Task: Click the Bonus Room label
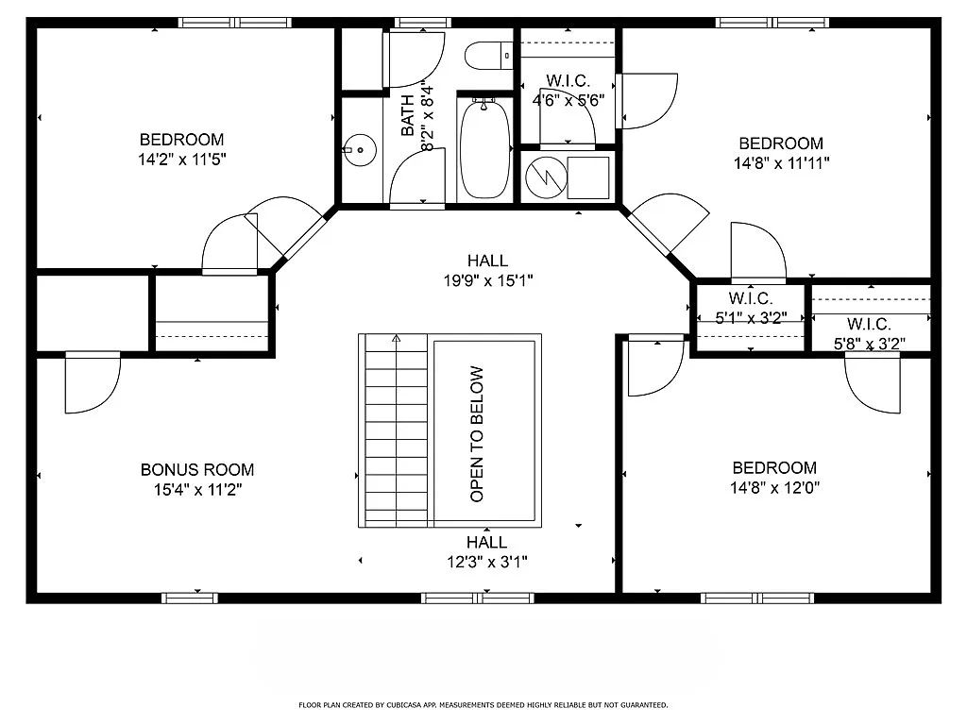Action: coord(196,469)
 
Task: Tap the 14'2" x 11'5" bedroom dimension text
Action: coord(181,160)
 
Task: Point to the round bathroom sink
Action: coord(357,149)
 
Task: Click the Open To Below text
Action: coord(477,433)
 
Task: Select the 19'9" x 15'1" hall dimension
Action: coord(487,279)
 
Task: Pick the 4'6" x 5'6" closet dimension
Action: coord(568,100)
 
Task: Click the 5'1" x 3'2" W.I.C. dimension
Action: coord(751,318)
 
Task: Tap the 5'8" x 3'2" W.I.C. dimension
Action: coord(869,344)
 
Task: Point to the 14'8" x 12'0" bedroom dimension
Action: coord(774,488)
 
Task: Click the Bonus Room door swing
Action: coord(92,384)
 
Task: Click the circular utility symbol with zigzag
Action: coord(543,177)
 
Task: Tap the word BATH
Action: coord(408,115)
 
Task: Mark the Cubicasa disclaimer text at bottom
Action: coord(483,705)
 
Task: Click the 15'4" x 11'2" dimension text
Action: coord(196,490)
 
